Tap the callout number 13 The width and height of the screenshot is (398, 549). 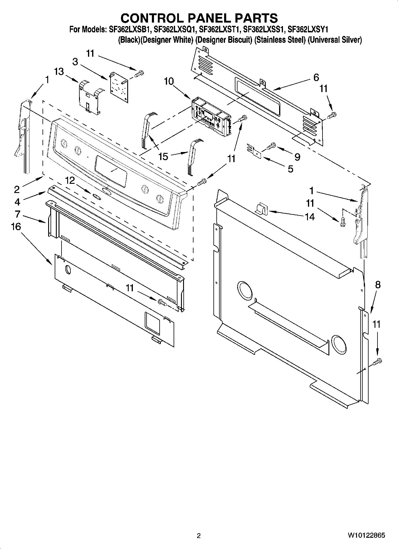[59, 72]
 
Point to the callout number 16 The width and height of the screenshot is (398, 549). [16, 227]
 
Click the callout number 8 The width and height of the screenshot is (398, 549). [377, 285]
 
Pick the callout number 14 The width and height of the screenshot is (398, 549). [310, 217]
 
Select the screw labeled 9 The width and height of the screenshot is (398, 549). [272, 146]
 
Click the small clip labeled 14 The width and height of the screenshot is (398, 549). [261, 208]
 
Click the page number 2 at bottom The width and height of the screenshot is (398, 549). [199, 536]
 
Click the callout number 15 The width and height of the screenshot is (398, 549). [163, 156]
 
